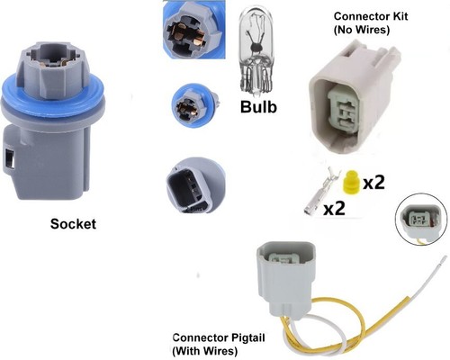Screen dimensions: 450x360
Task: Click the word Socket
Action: (73, 224)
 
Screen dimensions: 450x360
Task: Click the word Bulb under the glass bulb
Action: (258, 106)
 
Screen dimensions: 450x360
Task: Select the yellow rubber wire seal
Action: (351, 183)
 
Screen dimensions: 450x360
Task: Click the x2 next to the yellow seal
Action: (373, 182)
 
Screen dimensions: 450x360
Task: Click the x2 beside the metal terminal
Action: (334, 208)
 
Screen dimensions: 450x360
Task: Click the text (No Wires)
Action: (362, 30)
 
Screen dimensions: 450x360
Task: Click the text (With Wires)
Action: (205, 351)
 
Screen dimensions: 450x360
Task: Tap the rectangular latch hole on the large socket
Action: (10, 158)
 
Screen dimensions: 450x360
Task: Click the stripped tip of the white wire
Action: (441, 260)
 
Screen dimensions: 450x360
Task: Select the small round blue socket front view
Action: (194, 104)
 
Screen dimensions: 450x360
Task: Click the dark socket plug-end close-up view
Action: (195, 185)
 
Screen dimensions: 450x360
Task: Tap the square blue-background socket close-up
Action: (193, 30)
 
